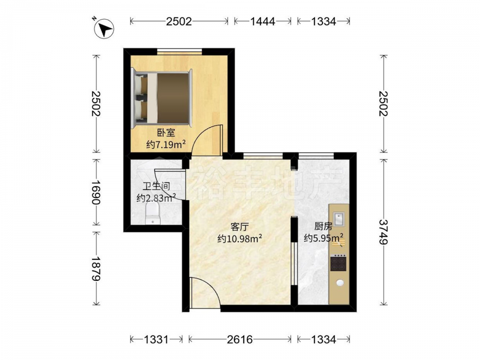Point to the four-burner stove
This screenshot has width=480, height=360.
[x=338, y=263]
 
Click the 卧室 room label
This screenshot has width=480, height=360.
[x=166, y=133]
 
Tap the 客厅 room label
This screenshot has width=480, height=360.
[x=239, y=227]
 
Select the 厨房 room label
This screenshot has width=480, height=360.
[x=323, y=227]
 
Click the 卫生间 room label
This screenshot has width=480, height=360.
[x=156, y=186]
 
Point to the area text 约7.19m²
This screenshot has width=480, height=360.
[x=166, y=144]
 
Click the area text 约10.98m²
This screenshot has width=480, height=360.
[x=240, y=238]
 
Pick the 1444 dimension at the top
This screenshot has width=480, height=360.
[x=263, y=22]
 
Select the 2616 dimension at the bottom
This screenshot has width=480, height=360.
[x=240, y=339]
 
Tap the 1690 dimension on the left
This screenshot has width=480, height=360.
[x=96, y=192]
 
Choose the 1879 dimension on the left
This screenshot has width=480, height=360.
[x=96, y=268]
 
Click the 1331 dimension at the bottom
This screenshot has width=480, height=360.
[x=156, y=339]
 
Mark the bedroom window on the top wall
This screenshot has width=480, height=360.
[x=180, y=51]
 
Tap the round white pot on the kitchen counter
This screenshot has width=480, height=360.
[x=340, y=283]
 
